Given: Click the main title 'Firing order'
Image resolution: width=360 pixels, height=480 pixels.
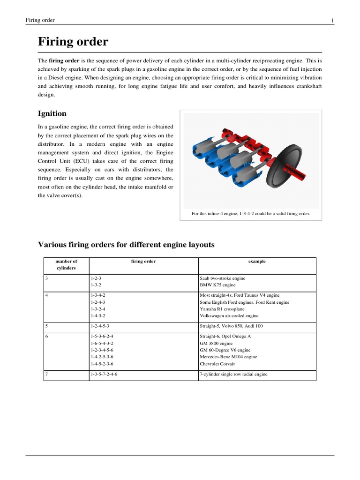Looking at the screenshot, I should click(73, 42).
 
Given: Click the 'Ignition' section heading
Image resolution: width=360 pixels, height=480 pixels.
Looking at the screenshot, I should click(52, 113).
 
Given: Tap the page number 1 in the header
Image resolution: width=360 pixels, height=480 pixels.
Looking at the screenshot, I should click(332, 20).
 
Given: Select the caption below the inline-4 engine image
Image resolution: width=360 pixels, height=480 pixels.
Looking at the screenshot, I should click(251, 214).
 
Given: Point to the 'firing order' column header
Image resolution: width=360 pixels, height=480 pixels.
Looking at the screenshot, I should click(143, 262).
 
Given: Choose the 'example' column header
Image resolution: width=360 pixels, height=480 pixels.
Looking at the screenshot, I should click(257, 262).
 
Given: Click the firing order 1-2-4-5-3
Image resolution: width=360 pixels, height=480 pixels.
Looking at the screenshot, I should click(100, 325).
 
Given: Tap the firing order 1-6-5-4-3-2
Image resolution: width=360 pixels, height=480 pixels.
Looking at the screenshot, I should click(102, 343).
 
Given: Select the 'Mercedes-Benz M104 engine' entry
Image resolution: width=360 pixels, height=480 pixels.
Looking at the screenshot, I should click(228, 357).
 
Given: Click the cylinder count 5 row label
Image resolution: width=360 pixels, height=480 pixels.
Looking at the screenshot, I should click(47, 325).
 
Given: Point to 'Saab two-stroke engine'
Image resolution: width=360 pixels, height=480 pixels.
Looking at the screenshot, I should click(223, 278).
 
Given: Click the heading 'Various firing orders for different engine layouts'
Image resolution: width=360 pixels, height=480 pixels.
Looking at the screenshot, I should click(126, 244).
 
